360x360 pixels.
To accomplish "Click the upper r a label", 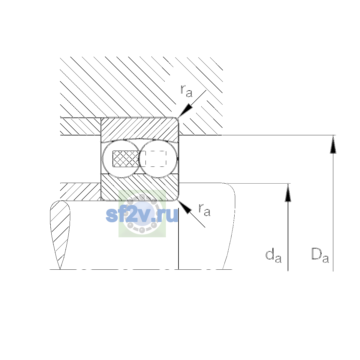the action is click(186, 91).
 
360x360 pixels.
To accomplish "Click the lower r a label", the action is click(205, 210).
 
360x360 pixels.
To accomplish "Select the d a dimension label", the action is click(273, 256).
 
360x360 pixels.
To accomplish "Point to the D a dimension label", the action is click(320, 255).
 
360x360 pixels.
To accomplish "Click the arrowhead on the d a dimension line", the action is click(288, 193).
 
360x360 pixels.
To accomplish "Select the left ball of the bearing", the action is click(121, 159).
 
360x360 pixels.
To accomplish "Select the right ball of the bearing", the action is click(158, 159).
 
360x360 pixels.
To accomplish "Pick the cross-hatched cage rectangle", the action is click(126, 159).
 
